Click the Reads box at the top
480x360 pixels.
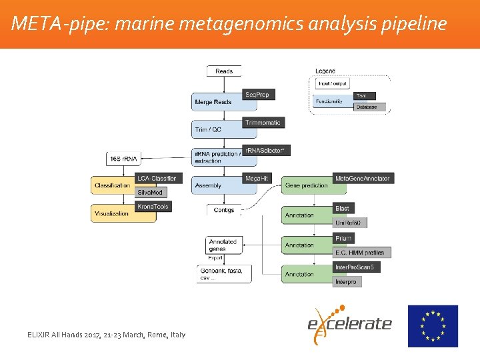click(224, 71)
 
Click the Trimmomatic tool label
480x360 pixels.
click(264, 123)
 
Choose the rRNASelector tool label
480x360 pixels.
click(266, 151)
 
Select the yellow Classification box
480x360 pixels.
click(113, 185)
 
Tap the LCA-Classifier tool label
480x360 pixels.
click(158, 178)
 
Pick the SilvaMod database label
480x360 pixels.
click(151, 192)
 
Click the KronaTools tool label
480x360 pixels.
click(153, 207)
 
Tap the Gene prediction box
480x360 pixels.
click(306, 185)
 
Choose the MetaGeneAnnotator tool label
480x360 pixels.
click(363, 178)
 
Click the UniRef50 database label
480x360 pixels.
click(350, 223)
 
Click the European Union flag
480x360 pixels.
click(433, 326)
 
